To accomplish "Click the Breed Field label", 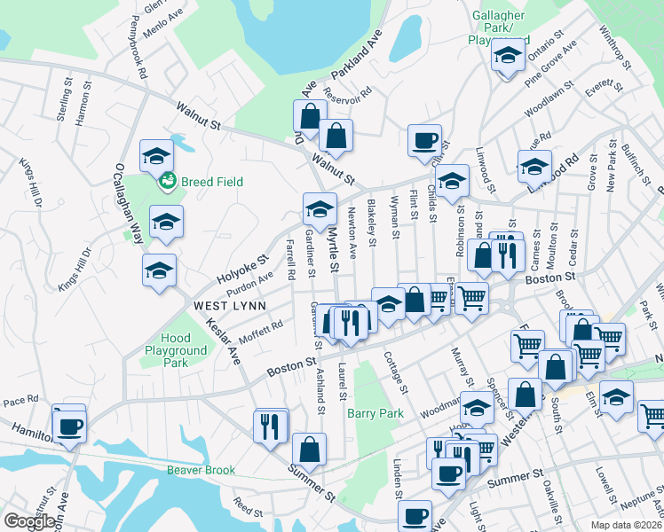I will click(x=211, y=182).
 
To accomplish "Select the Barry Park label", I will click(x=375, y=413).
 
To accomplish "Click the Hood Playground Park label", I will click(x=177, y=350).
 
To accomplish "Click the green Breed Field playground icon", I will click(x=165, y=183).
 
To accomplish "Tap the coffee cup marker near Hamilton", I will click(x=69, y=426).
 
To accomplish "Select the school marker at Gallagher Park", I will click(x=507, y=55).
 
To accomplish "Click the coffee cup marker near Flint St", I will click(x=424, y=139).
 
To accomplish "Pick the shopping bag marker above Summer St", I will click(x=309, y=449).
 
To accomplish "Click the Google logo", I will click(x=30, y=521).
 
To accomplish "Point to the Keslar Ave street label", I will click(x=225, y=343).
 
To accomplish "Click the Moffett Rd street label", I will click(x=260, y=332).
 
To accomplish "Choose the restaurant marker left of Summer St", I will click(x=270, y=426).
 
